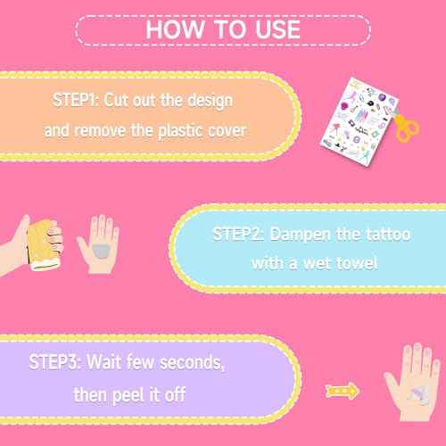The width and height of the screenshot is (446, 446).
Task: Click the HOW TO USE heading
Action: [223, 29]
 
